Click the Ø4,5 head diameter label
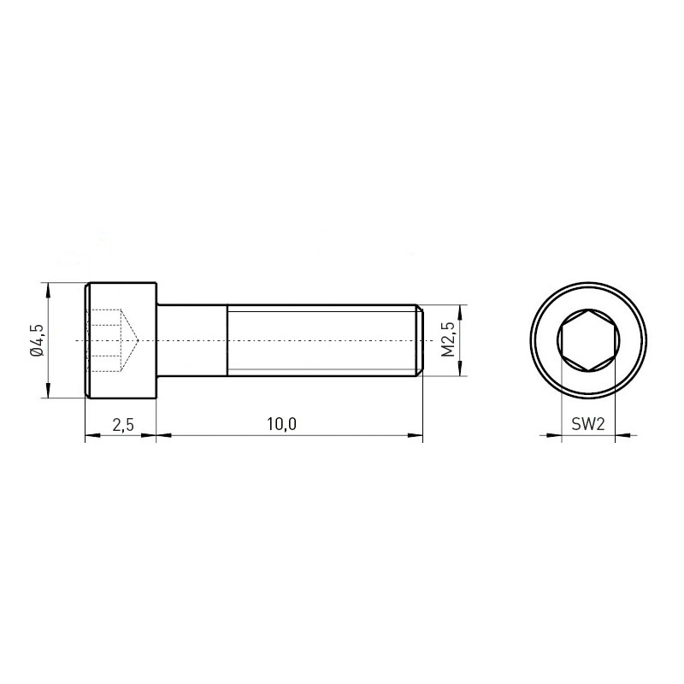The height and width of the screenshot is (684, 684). [38, 340]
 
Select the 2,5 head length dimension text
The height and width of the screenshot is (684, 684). [123, 424]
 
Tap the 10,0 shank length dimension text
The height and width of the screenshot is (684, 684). [281, 424]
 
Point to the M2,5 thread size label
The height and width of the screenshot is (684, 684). [448, 340]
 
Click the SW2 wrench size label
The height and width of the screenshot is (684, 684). [588, 424]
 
